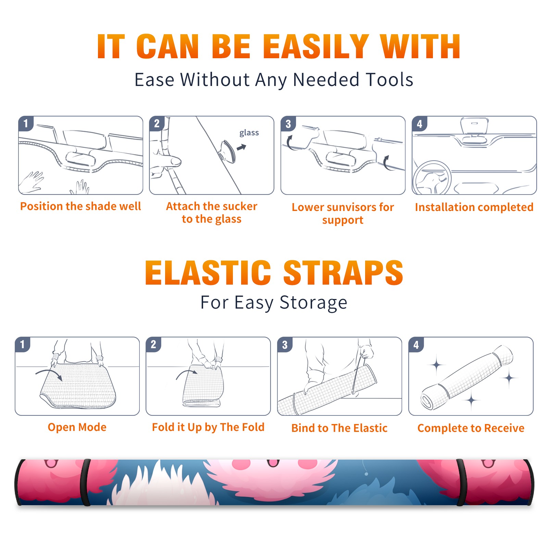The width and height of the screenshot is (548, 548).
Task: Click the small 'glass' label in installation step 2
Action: point(249,133)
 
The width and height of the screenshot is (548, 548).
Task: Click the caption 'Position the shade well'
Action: point(80,206)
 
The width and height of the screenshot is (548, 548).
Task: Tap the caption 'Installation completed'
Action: point(474,207)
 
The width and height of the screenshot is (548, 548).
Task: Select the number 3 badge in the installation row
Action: point(288,124)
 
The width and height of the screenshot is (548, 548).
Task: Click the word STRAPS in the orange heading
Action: point(343,273)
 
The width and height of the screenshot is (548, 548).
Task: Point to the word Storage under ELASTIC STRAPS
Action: point(313,303)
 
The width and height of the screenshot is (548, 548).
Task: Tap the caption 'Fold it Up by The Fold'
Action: point(208,427)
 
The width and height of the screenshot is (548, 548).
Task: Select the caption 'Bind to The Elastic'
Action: point(339,428)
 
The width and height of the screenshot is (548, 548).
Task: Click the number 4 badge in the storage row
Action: point(416,345)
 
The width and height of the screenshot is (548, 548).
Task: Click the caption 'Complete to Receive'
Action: point(471,428)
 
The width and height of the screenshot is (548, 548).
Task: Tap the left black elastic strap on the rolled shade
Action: point(85,482)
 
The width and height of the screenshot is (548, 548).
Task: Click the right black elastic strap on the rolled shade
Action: point(460,482)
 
